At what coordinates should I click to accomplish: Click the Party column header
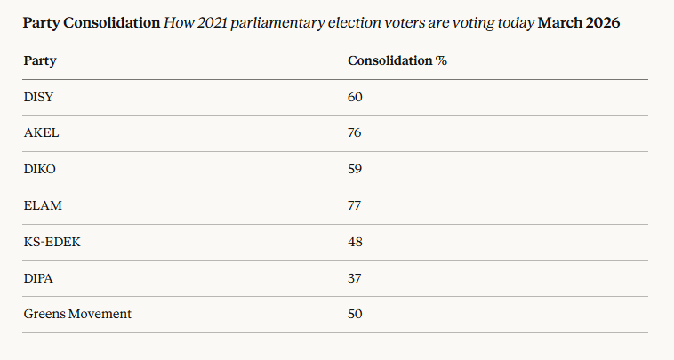pyautogui.click(x=39, y=61)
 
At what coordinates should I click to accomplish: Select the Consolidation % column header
pyautogui.click(x=397, y=61)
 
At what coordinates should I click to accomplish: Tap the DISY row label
pyautogui.click(x=39, y=96)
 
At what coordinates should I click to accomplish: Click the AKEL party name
pyautogui.click(x=41, y=132)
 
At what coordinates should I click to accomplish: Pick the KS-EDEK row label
pyautogui.click(x=52, y=242)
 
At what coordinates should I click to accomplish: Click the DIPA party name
pyautogui.click(x=39, y=278)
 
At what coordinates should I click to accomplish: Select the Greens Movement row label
pyautogui.click(x=77, y=314)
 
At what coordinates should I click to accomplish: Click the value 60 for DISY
pyautogui.click(x=355, y=96)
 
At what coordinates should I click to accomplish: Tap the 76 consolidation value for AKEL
pyautogui.click(x=355, y=132)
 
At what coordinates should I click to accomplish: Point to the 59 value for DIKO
pyautogui.click(x=355, y=169)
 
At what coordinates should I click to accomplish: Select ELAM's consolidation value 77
pyautogui.click(x=355, y=205)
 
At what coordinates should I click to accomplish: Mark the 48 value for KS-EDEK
pyautogui.click(x=355, y=242)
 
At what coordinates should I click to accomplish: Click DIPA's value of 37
pyautogui.click(x=355, y=278)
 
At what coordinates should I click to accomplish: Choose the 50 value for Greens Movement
pyautogui.click(x=355, y=314)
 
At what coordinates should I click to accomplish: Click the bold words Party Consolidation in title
pyautogui.click(x=92, y=22)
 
